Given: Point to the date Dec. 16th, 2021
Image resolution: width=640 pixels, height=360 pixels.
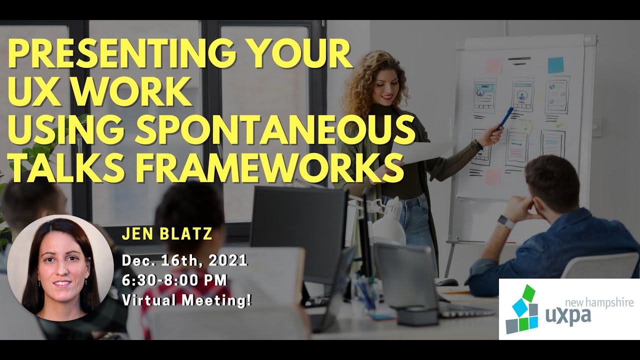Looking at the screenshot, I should coord(184,260).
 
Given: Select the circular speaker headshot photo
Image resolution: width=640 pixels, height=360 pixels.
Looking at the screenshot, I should coord(60,267).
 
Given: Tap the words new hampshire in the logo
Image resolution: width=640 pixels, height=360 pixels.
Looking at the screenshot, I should coord(598,302).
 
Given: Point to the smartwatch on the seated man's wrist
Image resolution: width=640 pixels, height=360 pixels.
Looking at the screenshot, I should coord(506,221).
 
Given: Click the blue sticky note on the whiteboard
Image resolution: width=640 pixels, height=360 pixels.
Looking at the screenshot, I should coord(555,65).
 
